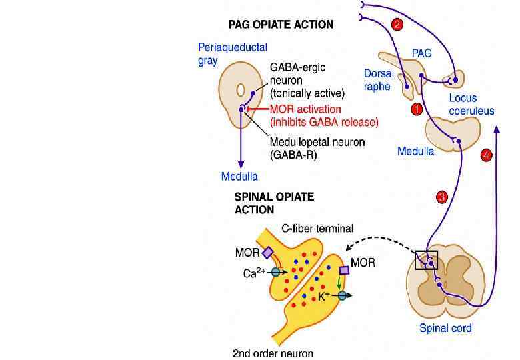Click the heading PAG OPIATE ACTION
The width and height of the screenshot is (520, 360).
281,25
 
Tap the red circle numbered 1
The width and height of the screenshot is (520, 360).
417,108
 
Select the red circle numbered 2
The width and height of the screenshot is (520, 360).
397,25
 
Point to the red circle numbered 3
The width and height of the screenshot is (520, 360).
441,197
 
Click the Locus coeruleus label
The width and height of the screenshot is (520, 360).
471,105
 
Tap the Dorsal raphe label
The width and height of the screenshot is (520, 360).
379,79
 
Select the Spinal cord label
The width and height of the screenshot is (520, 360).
445,328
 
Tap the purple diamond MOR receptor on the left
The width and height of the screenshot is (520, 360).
267,253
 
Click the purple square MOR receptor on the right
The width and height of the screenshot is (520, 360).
345,271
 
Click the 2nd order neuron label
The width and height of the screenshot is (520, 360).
273,353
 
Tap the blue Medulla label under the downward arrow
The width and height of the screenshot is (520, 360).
239,176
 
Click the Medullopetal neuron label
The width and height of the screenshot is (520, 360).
313,141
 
